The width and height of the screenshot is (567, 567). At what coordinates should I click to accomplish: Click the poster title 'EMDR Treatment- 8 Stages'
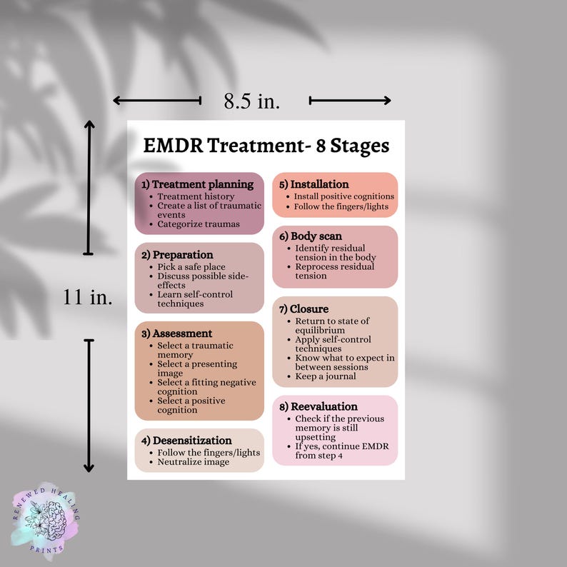(266, 146)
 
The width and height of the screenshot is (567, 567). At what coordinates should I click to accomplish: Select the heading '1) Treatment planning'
(198, 184)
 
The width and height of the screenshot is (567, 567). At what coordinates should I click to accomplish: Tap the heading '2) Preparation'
(178, 255)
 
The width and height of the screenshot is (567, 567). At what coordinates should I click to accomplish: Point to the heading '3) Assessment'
(177, 333)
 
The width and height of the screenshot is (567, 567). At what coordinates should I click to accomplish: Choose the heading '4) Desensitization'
(187, 441)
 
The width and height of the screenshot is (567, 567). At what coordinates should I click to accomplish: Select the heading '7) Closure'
(304, 309)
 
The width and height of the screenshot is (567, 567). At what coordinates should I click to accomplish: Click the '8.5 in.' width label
(252, 101)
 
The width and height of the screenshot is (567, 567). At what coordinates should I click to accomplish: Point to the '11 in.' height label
(87, 297)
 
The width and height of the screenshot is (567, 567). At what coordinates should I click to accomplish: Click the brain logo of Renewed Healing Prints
(44, 519)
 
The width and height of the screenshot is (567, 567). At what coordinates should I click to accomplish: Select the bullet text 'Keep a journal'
(325, 376)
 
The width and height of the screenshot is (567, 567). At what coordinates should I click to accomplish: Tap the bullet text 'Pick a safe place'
(191, 267)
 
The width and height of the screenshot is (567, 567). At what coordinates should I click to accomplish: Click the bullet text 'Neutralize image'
(194, 462)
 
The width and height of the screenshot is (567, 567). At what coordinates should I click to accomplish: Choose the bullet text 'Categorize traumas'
(199, 224)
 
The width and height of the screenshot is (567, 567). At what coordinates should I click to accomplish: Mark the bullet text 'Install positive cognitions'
(344, 196)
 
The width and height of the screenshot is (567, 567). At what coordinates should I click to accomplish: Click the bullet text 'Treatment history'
(196, 196)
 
